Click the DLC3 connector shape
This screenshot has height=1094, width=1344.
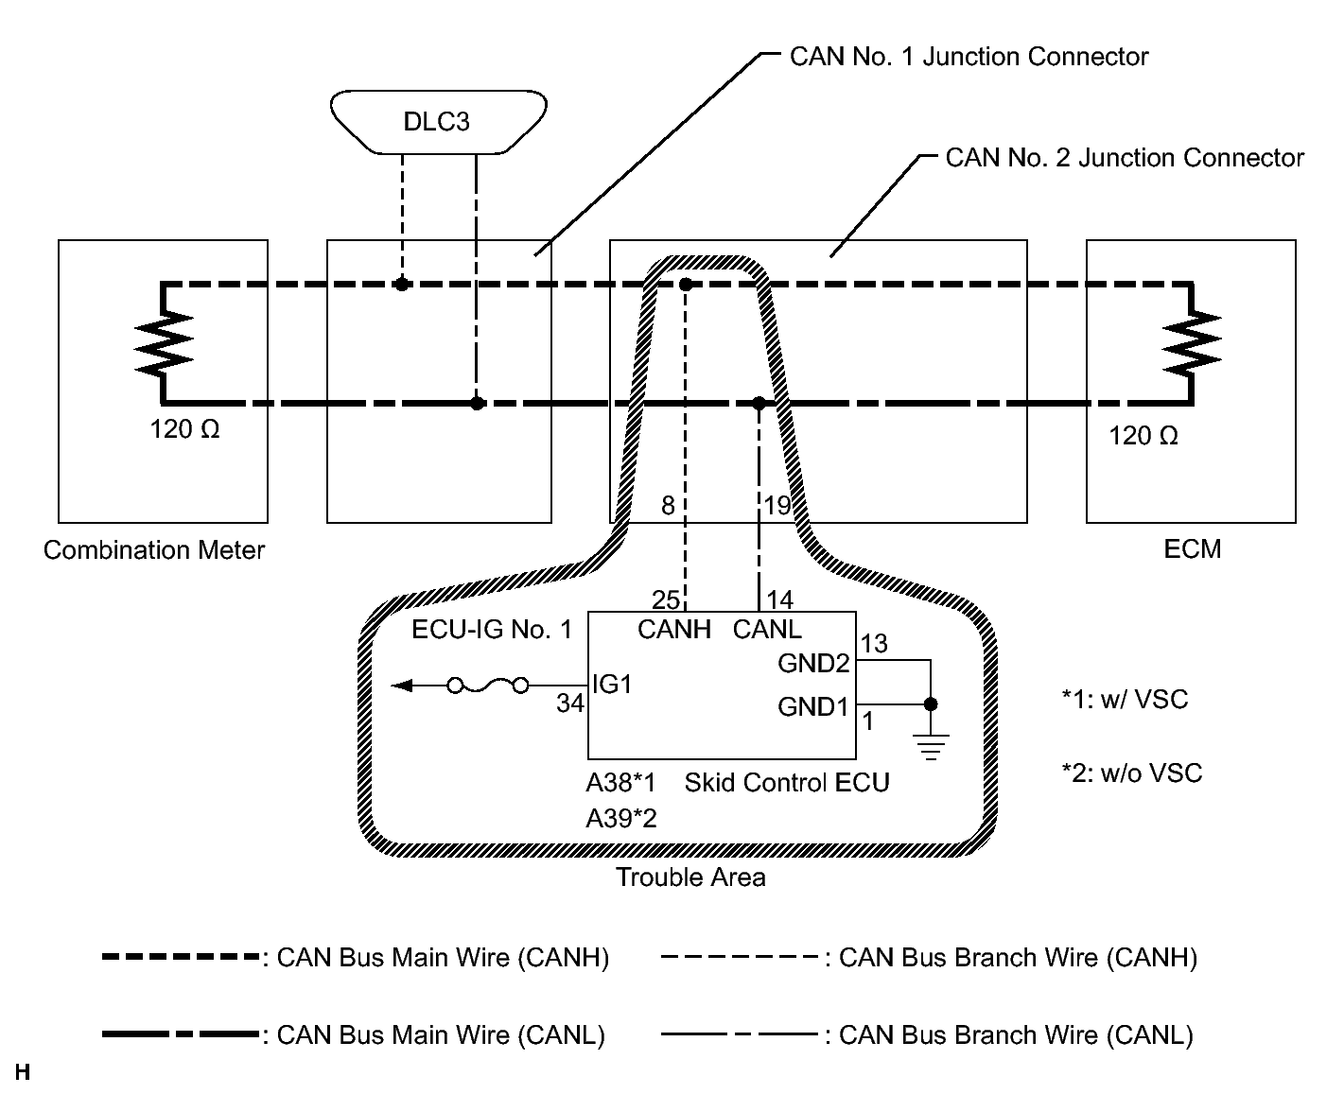[438, 121]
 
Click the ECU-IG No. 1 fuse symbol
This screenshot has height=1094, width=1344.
[487, 686]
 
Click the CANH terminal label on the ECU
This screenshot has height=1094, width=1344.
[673, 630]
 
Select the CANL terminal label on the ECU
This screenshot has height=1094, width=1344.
[767, 630]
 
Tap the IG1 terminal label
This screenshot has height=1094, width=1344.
[611, 684]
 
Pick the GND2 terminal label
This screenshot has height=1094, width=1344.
[813, 663]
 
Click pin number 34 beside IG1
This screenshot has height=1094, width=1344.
[569, 703]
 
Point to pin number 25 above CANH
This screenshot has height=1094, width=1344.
[666, 599]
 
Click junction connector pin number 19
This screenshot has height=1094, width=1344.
[777, 506]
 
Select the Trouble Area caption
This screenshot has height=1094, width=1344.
[690, 877]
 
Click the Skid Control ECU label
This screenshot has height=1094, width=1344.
[787, 783]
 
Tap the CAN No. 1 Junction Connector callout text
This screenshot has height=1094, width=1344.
[969, 57]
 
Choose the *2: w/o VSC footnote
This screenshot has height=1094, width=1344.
[1131, 773]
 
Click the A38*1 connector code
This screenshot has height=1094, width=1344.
[620, 783]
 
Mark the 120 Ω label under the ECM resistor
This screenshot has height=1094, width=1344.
[1143, 436]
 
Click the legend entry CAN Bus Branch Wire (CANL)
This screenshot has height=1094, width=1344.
[1016, 1035]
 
